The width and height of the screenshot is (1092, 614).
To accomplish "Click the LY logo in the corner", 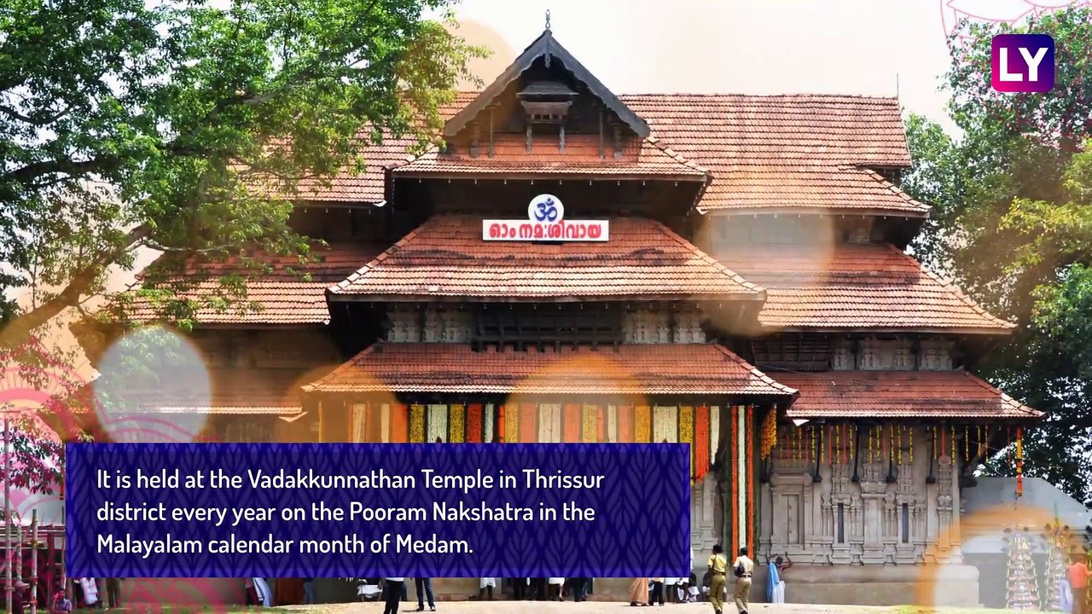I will (x=1022, y=62).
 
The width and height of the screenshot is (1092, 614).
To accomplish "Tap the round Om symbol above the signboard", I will (x=545, y=208).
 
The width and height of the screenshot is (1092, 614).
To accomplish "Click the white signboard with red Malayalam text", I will (x=545, y=230).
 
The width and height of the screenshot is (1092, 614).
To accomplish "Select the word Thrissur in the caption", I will (x=563, y=480).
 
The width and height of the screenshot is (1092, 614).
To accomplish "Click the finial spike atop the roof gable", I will (x=548, y=20).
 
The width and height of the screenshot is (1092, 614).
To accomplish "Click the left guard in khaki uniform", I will (x=717, y=579).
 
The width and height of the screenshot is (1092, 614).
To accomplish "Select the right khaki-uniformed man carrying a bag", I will (x=743, y=579).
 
